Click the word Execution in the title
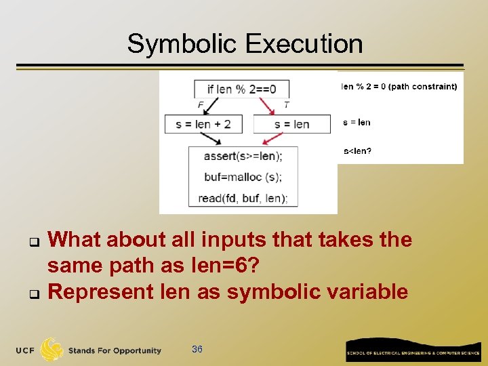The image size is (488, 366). coord(304,44)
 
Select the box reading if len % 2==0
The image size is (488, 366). coord(241,89)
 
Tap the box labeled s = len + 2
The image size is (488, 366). coord(203,124)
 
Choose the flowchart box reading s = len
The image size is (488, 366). coord(291,124)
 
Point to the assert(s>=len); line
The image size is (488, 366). coord(243,156)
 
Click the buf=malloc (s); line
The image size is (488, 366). coord(243,177)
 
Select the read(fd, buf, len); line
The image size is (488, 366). coord(243,198)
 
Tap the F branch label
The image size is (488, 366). coord(201,105)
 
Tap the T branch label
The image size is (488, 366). coord(287,105)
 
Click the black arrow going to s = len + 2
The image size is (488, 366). coord(211,106)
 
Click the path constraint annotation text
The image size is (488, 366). coord(399,86)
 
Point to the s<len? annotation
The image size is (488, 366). coord(357,151)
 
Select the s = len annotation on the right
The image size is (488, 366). coord(357,123)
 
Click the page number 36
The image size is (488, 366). coord(197,349)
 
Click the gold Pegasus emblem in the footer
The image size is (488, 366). coord(53,350)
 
